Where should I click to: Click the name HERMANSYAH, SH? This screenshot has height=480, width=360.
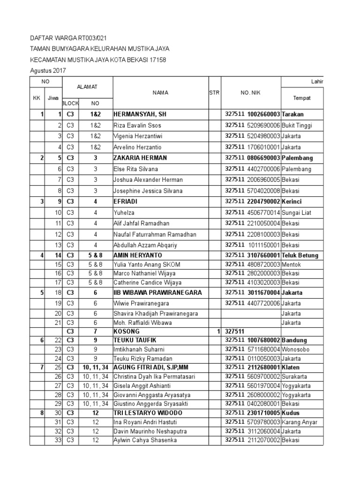140,114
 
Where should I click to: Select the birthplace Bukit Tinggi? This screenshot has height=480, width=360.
297,126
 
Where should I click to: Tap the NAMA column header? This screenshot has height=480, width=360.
160,93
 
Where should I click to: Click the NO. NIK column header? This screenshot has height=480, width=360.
251,93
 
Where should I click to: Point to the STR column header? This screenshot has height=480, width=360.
214,93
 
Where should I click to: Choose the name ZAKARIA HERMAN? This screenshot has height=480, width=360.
140,158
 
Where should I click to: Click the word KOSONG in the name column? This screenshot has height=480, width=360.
127,331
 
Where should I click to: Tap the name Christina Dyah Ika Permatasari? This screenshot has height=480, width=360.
153,376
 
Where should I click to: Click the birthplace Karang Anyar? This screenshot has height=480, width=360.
300,422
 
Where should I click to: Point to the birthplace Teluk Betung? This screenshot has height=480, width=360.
300,255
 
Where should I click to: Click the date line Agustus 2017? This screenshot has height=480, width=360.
48,71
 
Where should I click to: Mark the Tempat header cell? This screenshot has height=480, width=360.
302,98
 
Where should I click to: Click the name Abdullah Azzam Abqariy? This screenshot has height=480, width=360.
145,245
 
